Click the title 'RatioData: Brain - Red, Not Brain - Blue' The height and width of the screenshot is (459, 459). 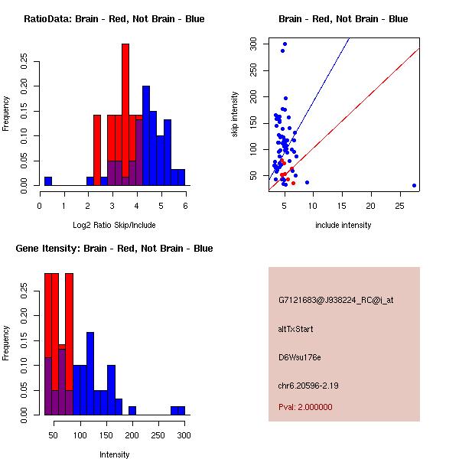114,19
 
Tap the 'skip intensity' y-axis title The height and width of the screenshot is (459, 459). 235,115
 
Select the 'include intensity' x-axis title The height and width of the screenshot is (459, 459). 343,225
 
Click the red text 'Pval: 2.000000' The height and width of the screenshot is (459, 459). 305,407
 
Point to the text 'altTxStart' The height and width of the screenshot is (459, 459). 296,329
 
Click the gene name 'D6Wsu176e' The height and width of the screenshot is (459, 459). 299,356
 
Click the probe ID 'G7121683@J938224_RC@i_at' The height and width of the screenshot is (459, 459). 336,301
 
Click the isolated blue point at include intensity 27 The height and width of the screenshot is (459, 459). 414,185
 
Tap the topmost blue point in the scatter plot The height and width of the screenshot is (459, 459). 285,44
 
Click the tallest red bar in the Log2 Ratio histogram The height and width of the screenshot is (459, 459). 125,115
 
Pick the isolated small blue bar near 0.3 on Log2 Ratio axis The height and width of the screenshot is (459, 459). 47,181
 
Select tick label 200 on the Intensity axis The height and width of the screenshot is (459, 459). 132,435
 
